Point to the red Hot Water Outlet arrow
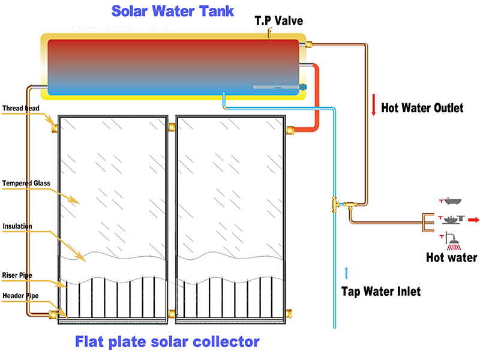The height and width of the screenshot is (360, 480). [373, 107]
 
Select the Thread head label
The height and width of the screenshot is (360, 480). [21, 109]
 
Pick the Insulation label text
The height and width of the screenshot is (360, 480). [17, 226]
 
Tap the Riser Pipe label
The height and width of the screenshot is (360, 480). [18, 275]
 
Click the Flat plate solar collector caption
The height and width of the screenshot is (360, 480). [167, 342]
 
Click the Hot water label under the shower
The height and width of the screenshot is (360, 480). [451, 258]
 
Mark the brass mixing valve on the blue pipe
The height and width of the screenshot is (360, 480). [334, 204]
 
